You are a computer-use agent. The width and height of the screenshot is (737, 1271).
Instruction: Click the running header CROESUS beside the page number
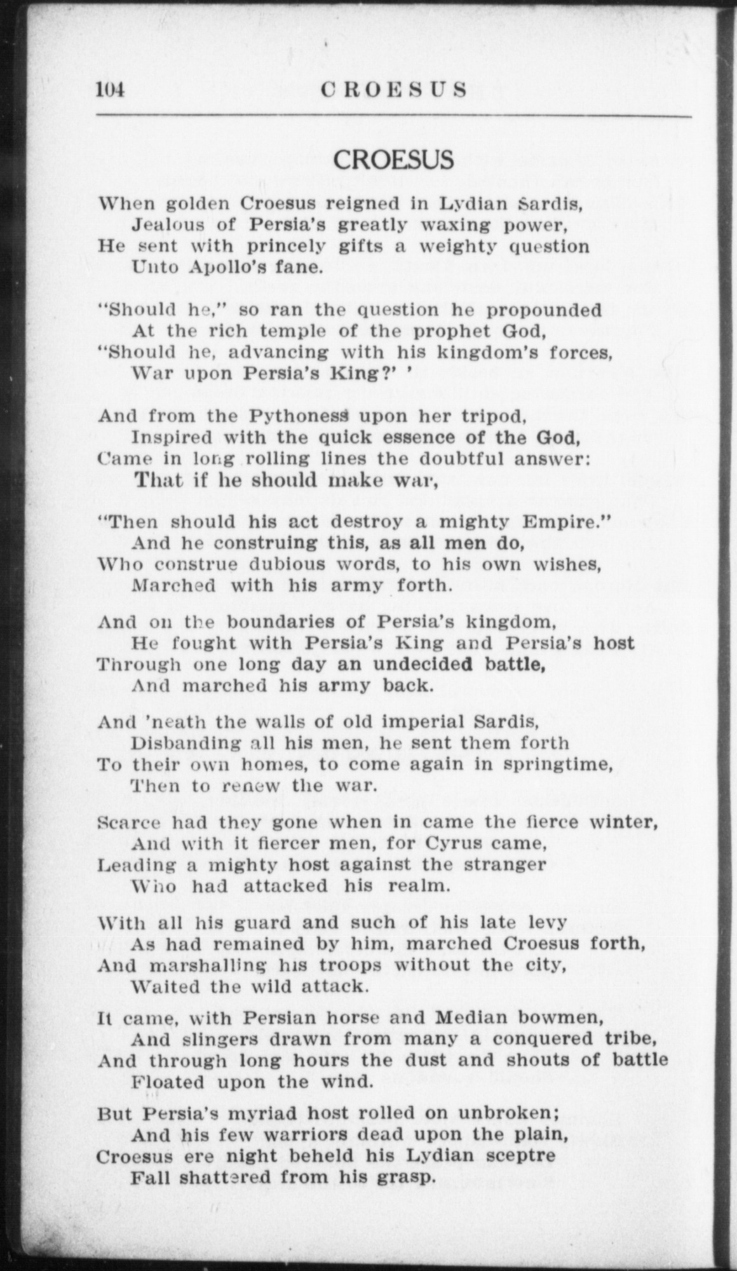point(394,90)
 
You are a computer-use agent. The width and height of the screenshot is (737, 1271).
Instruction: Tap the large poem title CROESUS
point(394,160)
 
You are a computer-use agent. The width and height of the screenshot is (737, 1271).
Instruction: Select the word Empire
point(556,522)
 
